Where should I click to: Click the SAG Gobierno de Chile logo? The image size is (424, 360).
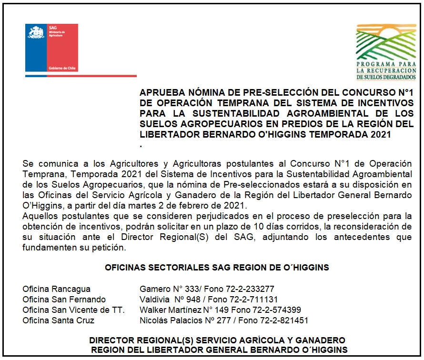(51, 48)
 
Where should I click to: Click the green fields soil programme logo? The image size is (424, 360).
(386, 52)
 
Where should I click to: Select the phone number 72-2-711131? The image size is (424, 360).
(256, 300)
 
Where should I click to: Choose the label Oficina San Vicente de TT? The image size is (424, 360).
(73, 310)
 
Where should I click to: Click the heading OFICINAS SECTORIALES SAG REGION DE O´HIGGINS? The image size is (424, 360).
(217, 268)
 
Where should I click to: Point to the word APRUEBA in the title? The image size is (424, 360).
(160, 92)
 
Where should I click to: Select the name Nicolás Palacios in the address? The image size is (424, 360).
(164, 320)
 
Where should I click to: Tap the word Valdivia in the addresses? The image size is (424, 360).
(154, 300)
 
